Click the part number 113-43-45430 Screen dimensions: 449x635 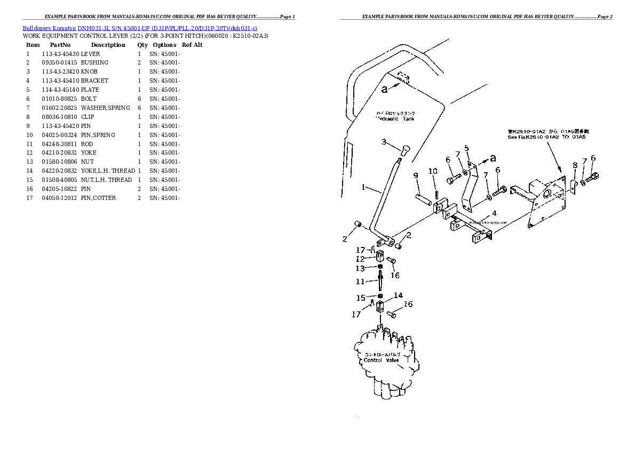[x=60, y=54]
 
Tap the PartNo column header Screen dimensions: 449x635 [x=60, y=45]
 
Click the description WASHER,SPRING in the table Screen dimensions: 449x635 [x=105, y=108]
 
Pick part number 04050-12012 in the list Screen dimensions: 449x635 [x=60, y=198]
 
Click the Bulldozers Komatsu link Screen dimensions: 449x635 [x=49, y=27]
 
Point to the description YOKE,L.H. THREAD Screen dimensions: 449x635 [x=108, y=171]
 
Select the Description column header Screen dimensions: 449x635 [x=108, y=45]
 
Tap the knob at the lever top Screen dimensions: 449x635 [x=404, y=150]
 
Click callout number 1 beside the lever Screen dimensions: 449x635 [x=363, y=187]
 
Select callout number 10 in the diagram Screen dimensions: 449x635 [x=433, y=171]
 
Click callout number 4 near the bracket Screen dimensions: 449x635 [x=494, y=213]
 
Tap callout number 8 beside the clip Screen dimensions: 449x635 [x=575, y=165]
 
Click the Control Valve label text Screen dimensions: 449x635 [x=381, y=360]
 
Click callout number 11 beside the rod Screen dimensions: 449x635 [x=360, y=282]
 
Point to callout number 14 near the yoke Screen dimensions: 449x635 [x=398, y=295]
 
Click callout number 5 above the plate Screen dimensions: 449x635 [x=466, y=148]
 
